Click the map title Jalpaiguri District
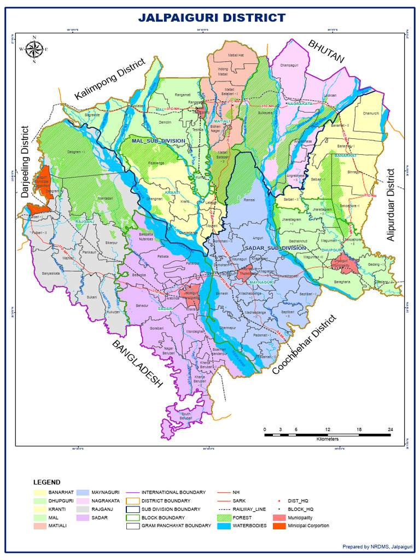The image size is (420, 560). coord(211,17)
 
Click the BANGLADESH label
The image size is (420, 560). coord(138,364)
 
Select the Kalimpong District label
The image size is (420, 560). coord(110,79)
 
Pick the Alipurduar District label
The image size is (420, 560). coord(390,205)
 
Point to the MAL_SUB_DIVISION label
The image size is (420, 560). coord(159,141)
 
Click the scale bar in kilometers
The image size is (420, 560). coord(327,435)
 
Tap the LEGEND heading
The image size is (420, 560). coord(47,482)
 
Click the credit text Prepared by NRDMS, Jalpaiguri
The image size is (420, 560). coord(377,546)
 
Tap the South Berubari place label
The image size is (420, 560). coord(186,417)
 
